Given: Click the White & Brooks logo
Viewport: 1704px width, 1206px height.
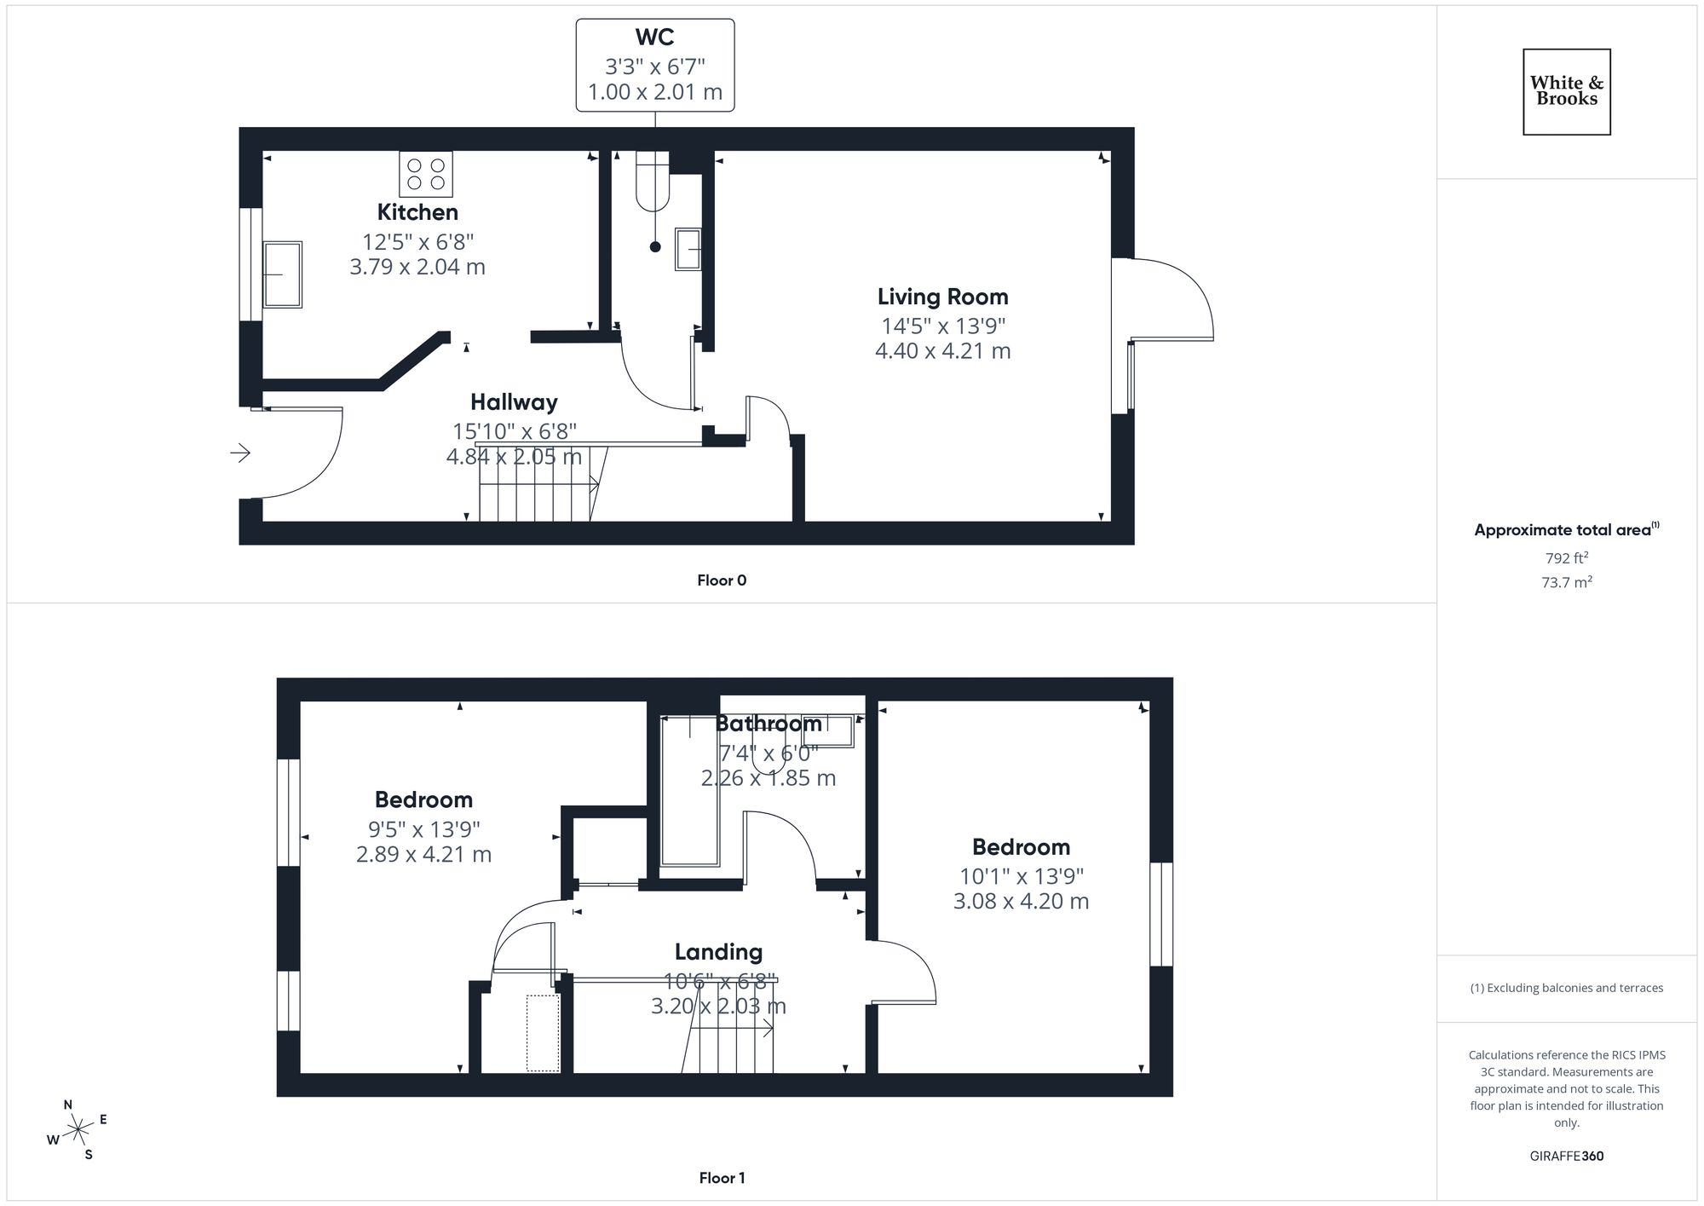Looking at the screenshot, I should coord(1566,91).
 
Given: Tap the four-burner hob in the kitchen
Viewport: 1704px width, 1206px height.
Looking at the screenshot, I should coord(425,174).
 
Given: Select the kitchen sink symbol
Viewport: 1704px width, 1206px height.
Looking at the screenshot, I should coord(282,274).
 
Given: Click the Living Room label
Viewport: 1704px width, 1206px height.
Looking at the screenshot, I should coord(942,297).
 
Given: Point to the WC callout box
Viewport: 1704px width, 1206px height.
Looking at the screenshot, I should coord(654,65).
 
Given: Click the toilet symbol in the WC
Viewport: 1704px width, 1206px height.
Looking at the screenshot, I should coord(653,182).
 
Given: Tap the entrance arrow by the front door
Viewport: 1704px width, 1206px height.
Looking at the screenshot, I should coord(240,453).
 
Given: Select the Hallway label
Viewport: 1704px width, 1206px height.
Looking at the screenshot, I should coord(514,402).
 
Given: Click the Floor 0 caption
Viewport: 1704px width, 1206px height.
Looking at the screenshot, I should coord(721,580).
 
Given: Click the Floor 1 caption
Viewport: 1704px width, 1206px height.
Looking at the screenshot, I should coord(721,1178).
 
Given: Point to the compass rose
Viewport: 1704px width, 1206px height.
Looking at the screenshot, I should coord(78,1130).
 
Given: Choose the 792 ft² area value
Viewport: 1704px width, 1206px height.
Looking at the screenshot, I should coord(1566,558).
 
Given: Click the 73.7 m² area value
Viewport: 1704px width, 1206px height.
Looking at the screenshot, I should coord(1566,583).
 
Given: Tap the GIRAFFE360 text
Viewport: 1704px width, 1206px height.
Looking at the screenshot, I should coord(1566,1157).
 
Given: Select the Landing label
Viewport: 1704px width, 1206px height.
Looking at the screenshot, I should coord(718,952).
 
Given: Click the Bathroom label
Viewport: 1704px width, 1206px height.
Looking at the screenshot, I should coord(768,724).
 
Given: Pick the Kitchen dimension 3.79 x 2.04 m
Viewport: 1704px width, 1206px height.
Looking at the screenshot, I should coord(417,267).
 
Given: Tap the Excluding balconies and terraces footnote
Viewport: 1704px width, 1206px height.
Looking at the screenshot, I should coord(1566,988).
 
